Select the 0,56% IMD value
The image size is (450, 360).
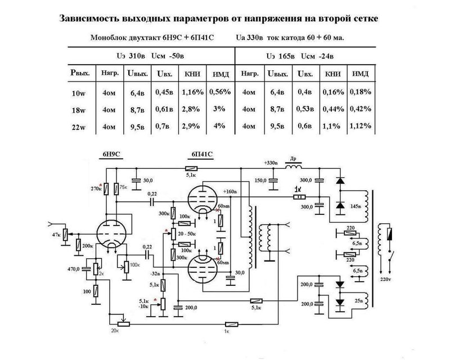pyautogui.click(x=220, y=92)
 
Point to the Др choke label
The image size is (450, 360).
pyautogui.click(x=292, y=159)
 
